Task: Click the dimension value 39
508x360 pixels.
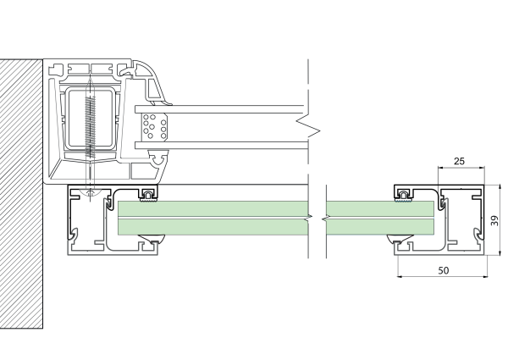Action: click(494, 221)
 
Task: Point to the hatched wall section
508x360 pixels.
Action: click(20, 195)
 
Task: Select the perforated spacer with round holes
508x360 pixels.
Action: click(154, 127)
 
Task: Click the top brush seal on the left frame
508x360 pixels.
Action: click(148, 197)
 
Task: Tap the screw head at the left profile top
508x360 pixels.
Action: click(88, 194)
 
